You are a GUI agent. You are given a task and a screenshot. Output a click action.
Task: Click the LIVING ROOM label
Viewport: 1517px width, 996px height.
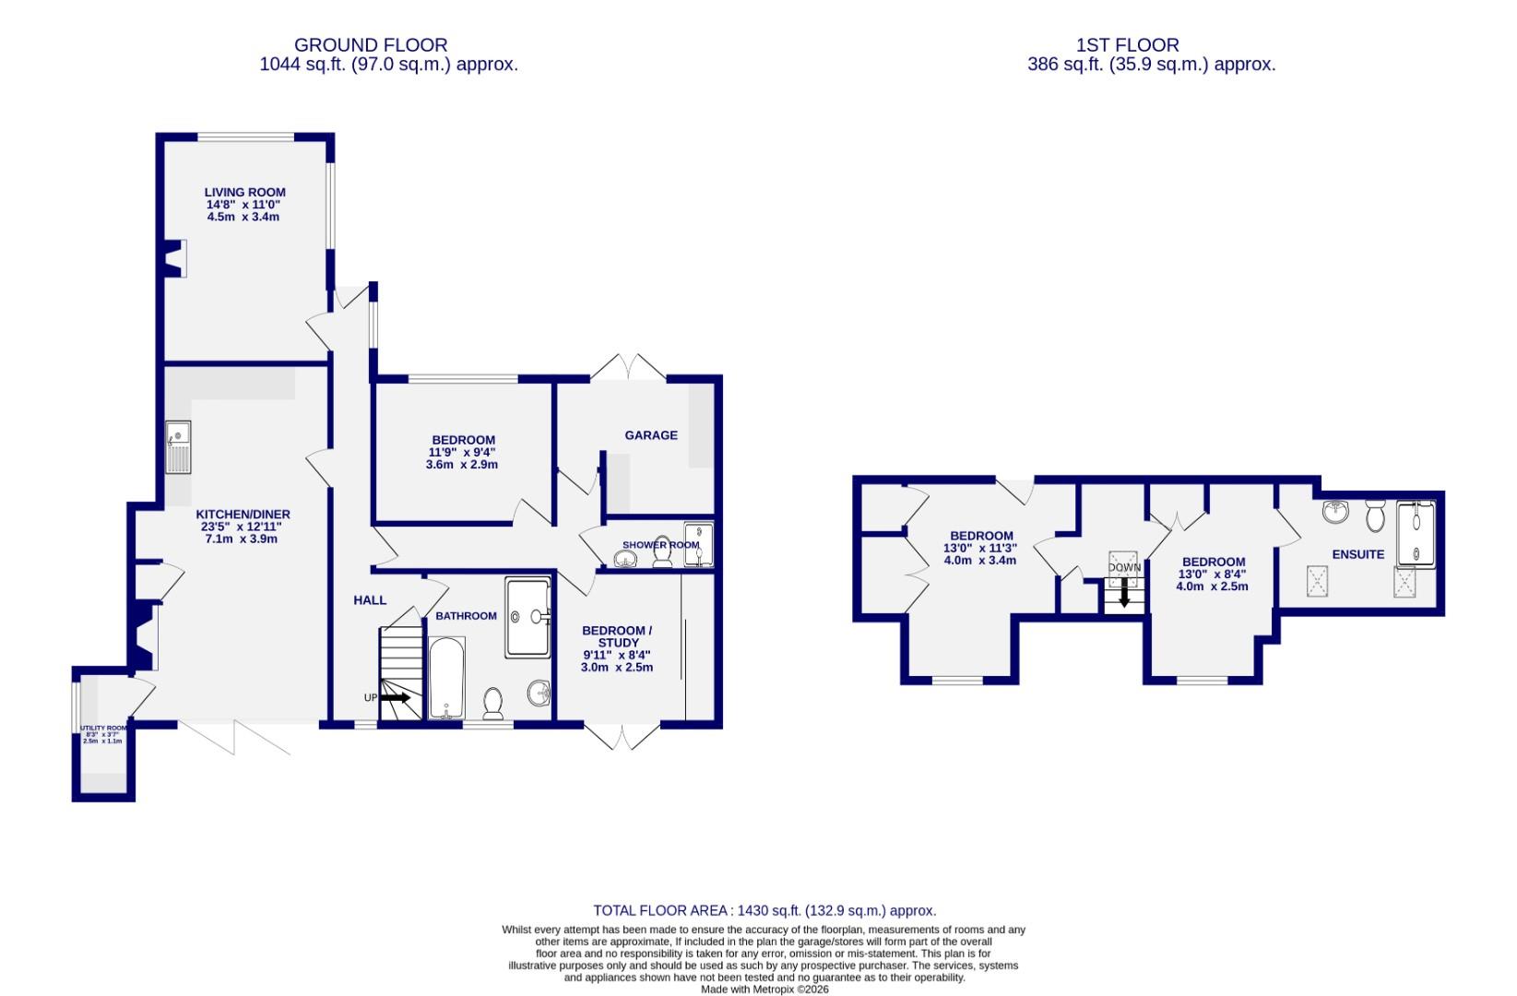point(244,193)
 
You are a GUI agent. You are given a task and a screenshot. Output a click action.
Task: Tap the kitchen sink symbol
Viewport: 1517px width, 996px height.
point(177,447)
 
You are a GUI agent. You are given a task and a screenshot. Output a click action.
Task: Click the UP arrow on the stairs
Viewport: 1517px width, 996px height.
point(395,698)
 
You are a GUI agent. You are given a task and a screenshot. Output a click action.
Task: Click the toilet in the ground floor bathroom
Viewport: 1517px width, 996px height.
point(493,704)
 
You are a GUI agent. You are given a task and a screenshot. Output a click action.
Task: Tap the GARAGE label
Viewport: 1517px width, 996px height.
point(650,435)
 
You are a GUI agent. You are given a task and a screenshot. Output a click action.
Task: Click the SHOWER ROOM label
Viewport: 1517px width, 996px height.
point(660,545)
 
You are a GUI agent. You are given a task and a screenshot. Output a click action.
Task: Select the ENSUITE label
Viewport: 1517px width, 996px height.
point(1357,554)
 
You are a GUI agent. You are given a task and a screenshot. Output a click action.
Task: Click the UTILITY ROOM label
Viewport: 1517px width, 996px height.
point(103,728)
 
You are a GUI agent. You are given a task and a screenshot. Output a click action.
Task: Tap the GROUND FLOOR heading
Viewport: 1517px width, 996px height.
point(371,44)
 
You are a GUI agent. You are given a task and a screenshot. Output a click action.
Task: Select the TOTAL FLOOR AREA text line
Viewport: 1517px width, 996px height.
point(764,910)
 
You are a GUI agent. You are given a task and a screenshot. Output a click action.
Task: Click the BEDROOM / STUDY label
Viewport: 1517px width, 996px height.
point(616,636)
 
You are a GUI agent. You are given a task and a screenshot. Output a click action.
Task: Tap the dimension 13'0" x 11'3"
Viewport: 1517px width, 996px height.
point(979,548)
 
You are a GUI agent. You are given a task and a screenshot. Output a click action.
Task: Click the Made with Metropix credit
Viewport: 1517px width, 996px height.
point(764,990)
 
